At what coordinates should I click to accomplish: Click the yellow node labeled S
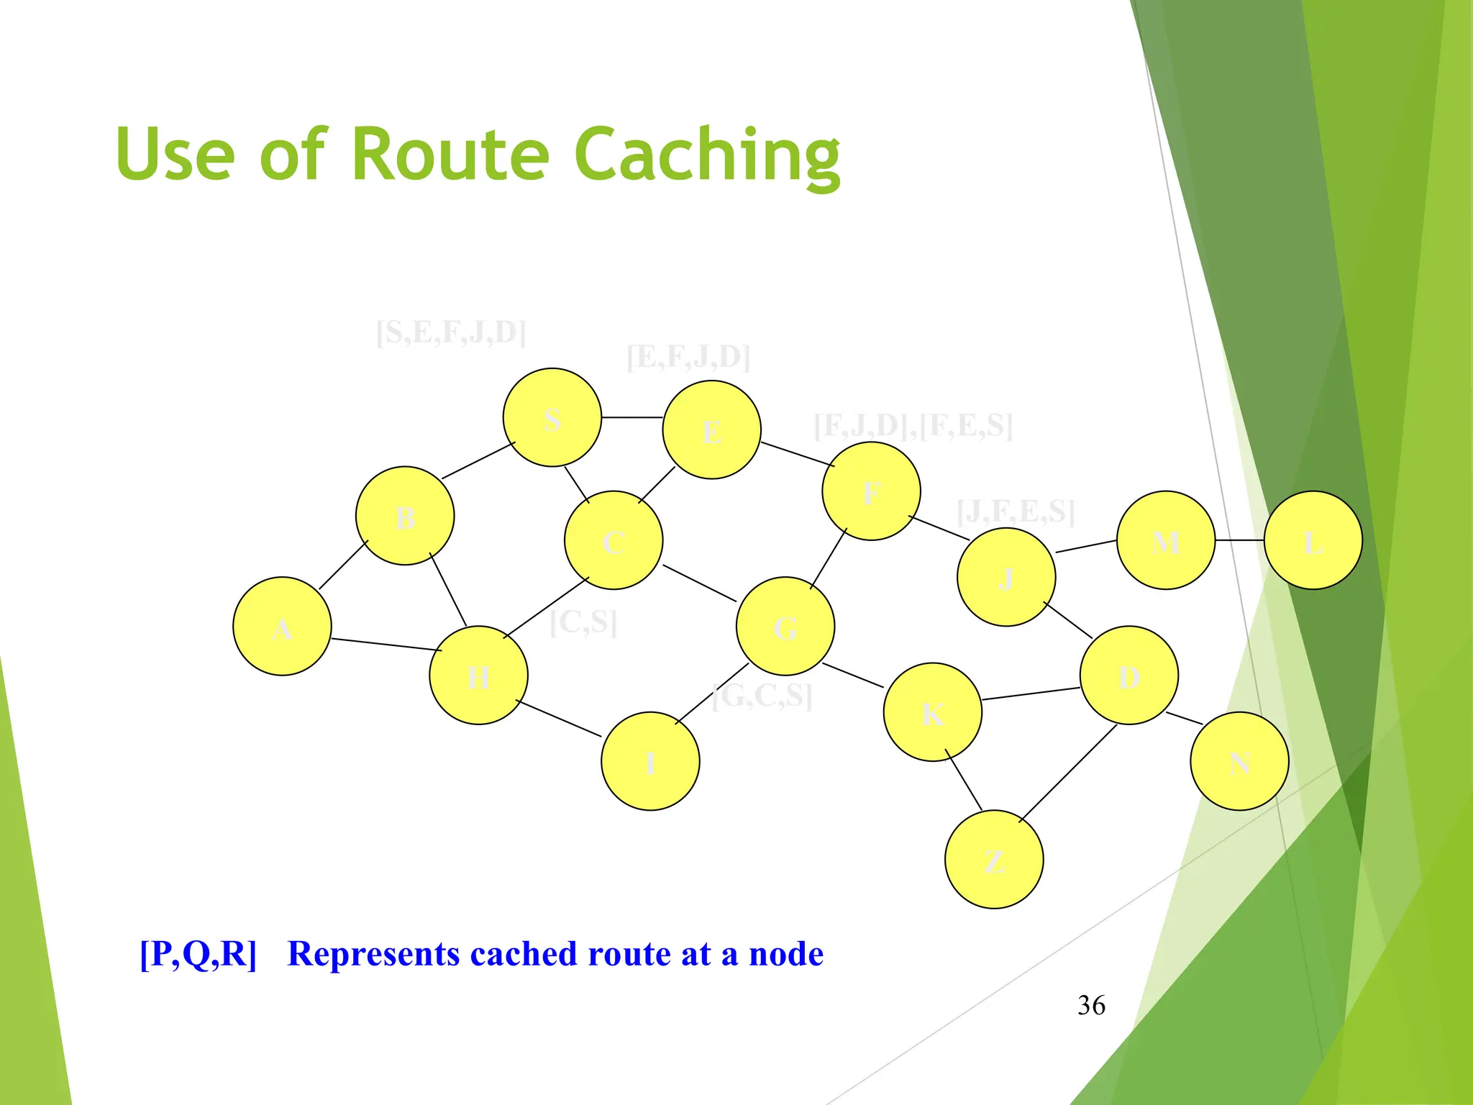tap(552, 417)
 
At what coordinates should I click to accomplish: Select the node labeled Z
tap(993, 859)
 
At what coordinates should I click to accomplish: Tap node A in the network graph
tap(282, 626)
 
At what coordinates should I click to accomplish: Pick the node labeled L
tap(1313, 540)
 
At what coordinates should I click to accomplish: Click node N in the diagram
tap(1239, 761)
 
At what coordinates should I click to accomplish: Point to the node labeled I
tap(650, 761)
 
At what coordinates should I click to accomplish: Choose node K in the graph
tap(932, 712)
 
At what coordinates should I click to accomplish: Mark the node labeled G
tap(785, 626)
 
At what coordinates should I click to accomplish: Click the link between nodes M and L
tap(1239, 540)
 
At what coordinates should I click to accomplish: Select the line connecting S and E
tap(631, 417)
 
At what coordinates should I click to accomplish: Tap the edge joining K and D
tap(1030, 694)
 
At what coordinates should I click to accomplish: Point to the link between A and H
tap(386, 645)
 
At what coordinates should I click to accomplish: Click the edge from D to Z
tap(1067, 773)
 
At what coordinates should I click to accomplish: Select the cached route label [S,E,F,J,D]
tap(451, 332)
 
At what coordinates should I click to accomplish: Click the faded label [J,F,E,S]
tap(1016, 511)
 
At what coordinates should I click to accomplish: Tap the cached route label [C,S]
tap(583, 622)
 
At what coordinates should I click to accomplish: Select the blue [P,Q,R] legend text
tap(198, 954)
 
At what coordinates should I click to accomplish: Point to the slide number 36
tap(1091, 1005)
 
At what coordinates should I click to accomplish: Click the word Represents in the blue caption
tap(373, 954)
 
